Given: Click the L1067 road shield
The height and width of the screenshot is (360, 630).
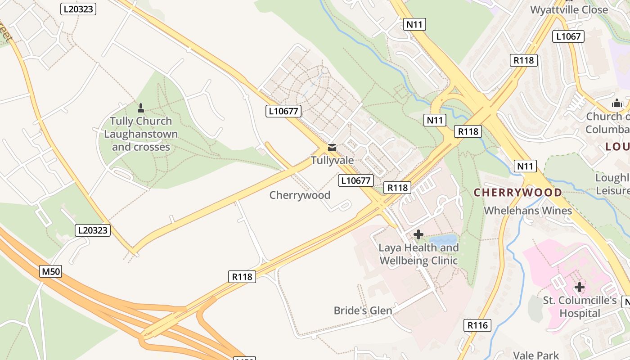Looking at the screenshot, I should click(x=568, y=36).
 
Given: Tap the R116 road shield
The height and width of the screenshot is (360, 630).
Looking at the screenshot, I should click(x=477, y=325).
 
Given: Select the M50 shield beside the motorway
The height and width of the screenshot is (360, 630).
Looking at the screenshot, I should click(x=51, y=271).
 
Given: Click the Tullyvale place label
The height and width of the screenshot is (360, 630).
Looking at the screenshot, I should click(x=332, y=160).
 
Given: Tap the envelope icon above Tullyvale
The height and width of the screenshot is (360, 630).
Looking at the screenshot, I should click(x=332, y=148).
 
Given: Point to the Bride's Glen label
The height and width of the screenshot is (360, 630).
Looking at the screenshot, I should click(x=363, y=310).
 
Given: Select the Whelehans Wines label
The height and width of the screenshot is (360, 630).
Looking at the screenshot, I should click(x=527, y=211).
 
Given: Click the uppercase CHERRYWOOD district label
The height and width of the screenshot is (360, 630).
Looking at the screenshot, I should click(x=517, y=193).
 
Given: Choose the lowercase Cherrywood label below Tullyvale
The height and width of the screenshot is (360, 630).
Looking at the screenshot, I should click(x=300, y=195).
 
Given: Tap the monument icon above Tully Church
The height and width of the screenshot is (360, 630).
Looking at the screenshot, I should click(x=141, y=108).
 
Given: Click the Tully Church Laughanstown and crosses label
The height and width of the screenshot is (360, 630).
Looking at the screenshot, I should click(x=141, y=134).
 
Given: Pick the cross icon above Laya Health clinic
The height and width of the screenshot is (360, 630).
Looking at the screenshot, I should click(x=418, y=234).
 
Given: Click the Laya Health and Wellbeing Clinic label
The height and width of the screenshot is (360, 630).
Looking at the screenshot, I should click(x=418, y=254).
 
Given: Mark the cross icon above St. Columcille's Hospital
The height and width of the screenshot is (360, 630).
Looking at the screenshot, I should click(x=580, y=287).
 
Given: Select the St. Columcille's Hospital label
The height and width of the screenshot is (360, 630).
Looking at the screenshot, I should click(x=580, y=307).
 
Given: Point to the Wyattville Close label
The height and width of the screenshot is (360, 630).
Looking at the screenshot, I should click(x=569, y=10).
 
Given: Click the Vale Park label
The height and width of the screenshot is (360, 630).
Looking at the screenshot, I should click(x=536, y=355).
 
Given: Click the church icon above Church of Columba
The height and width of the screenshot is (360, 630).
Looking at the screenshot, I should click(x=616, y=103).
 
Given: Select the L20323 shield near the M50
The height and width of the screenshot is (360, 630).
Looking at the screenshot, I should click(x=92, y=230).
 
